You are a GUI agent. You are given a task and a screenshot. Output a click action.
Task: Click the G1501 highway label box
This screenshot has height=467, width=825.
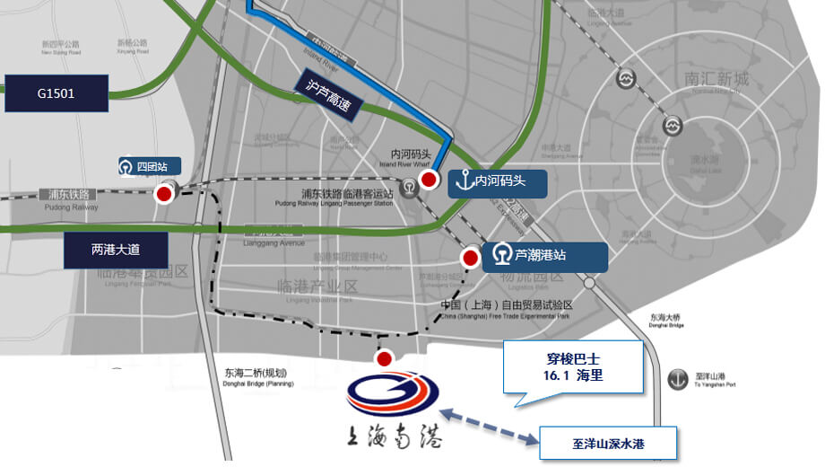pos(56,93)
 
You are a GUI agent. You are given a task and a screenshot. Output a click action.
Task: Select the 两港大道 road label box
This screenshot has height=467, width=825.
pos(117,250)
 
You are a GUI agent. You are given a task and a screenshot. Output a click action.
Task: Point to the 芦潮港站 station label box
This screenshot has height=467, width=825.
pos(545,256)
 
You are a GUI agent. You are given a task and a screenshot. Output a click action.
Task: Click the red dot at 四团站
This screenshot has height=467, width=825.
pos(165,193)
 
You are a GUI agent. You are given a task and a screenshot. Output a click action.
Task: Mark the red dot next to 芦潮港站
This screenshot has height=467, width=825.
pos(470,258)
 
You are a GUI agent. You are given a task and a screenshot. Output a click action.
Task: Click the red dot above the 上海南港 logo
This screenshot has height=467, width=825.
pos(384,360)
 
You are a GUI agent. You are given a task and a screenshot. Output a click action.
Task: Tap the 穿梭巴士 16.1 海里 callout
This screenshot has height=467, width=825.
pos(574,366)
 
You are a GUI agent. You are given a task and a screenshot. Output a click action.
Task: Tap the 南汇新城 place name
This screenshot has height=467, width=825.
pos(715,80)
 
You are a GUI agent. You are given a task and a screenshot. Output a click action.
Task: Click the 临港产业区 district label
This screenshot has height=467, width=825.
pos(317,286)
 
